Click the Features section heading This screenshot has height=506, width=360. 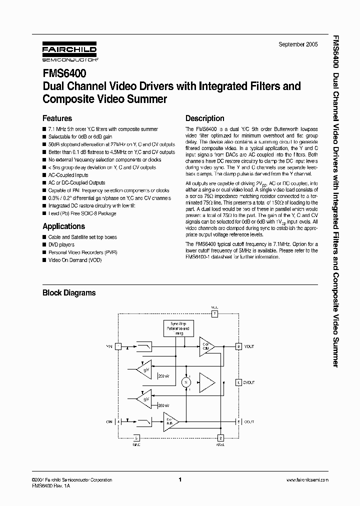(x=57, y=118)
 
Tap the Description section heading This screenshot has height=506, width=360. (x=204, y=118)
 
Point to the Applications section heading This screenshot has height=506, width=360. (x=63, y=226)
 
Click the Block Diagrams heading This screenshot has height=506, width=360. (x=69, y=293)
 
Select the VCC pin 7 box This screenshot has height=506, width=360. (x=214, y=314)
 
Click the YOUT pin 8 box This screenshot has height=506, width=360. (x=239, y=346)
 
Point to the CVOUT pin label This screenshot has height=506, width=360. (x=248, y=382)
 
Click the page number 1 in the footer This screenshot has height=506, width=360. (x=179, y=480)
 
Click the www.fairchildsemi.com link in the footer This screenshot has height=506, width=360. (x=307, y=480)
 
